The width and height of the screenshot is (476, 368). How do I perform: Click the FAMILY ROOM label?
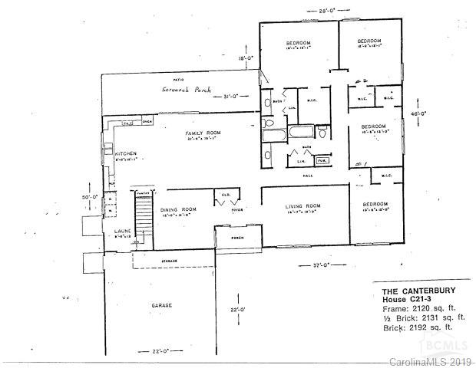(x=203, y=133)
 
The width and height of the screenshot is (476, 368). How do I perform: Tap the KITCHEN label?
(x=126, y=153)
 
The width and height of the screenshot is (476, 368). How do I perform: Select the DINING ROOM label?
(x=178, y=209)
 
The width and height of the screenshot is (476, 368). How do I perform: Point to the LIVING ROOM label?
(x=302, y=205)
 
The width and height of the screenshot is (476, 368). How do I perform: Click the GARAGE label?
(x=161, y=305)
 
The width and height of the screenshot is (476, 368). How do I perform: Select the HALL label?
(x=307, y=176)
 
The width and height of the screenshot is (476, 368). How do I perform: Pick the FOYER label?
(x=237, y=208)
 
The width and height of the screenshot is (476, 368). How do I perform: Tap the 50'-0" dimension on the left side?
(x=91, y=196)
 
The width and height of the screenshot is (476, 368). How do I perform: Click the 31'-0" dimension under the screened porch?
(x=233, y=96)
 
